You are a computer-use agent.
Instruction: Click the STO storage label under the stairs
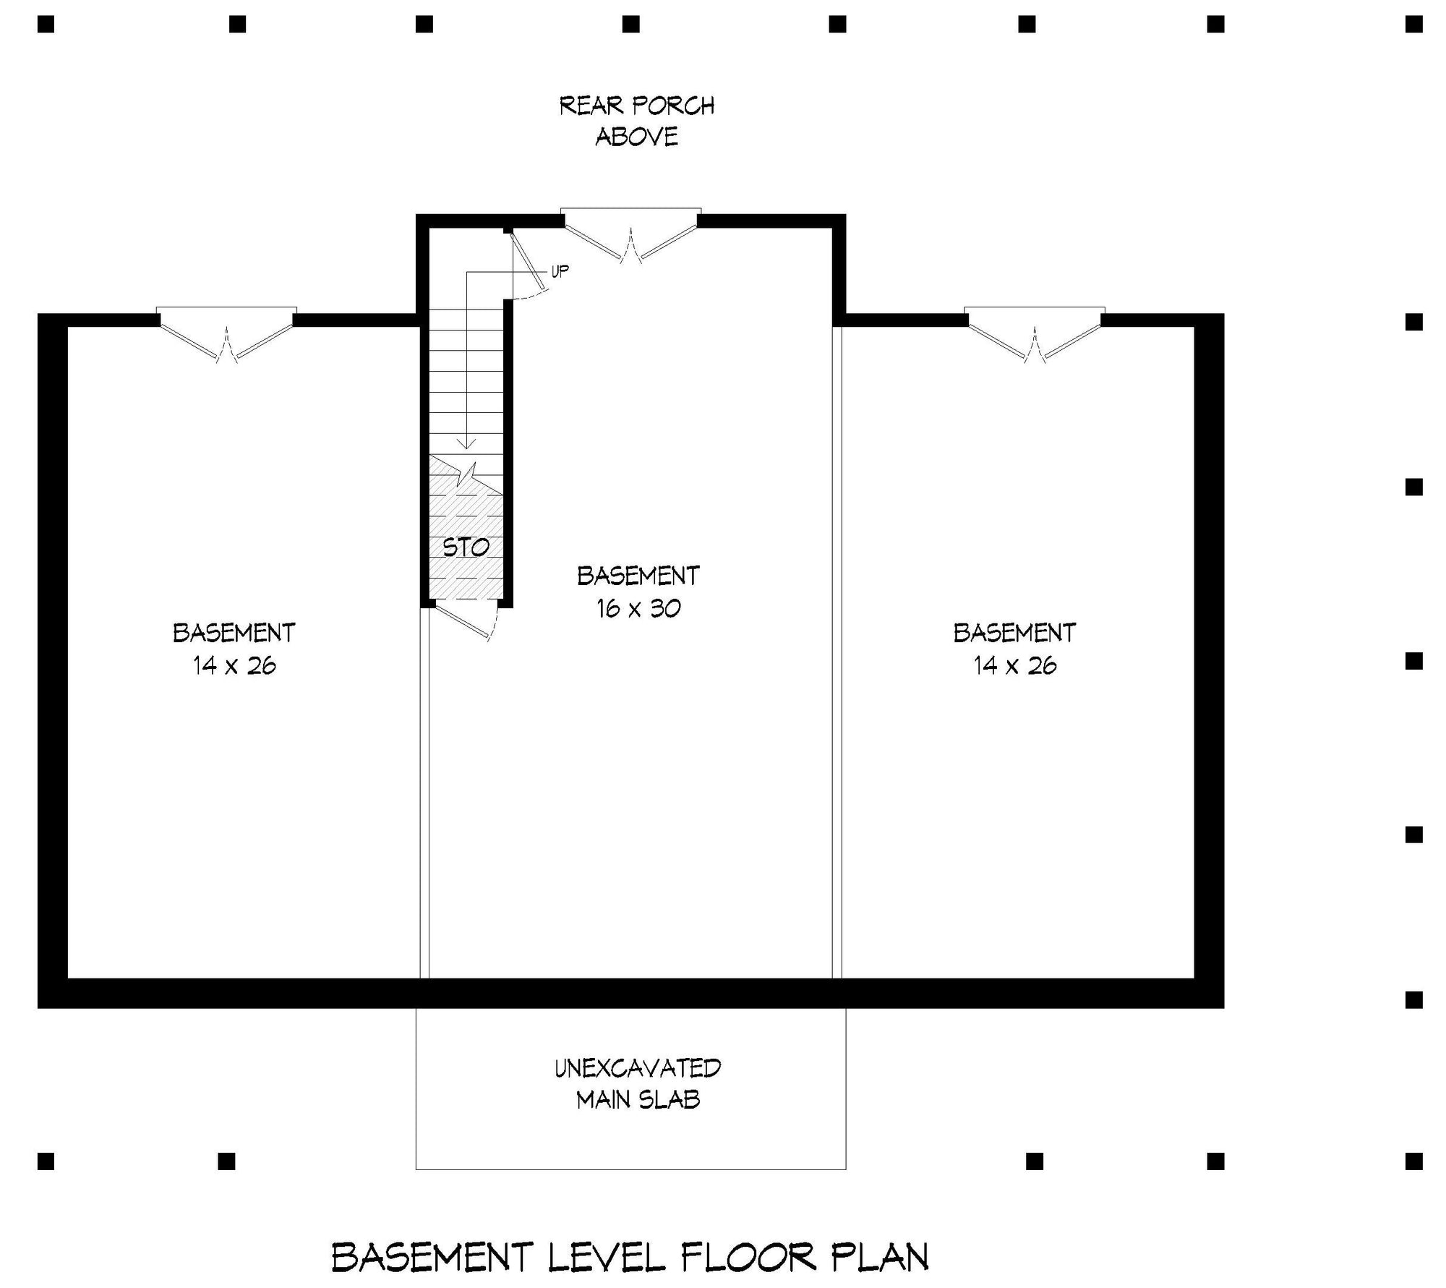point(466,547)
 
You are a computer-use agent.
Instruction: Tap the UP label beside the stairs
point(560,271)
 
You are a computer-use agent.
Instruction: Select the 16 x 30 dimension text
point(638,608)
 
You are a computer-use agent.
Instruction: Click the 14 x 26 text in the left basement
point(234,665)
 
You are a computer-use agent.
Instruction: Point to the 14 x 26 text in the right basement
point(1015,665)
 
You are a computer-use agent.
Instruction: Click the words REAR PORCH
point(637,106)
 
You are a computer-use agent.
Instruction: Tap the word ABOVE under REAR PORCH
point(637,137)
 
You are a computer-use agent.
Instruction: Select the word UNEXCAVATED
point(638,1068)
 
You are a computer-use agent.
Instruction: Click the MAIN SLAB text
point(638,1100)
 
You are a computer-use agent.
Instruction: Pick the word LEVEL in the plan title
point(606,1257)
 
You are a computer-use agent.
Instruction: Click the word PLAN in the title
point(879,1257)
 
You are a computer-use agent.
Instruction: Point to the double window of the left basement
point(226,333)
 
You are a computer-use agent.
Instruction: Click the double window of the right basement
point(1035,333)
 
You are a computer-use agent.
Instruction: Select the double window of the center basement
point(631,234)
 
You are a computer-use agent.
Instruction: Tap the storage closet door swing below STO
point(466,623)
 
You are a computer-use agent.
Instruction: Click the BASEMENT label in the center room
point(638,576)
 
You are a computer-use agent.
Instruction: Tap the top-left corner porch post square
point(46,25)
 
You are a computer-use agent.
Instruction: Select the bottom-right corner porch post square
point(1414,1161)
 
